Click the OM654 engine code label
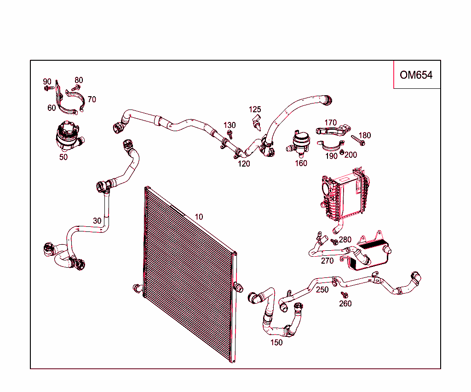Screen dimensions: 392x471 tap(416, 75)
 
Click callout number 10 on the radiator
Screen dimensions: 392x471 tap(199, 217)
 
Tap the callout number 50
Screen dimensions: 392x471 tap(63, 157)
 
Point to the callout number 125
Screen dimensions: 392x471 tap(255, 110)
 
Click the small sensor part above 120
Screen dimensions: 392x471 tap(257, 124)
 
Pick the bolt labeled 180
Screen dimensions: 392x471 tap(357, 140)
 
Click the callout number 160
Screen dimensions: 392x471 tap(301, 163)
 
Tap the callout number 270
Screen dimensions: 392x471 tap(327, 261)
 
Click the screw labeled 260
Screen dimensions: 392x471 tap(344, 294)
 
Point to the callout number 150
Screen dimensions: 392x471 tap(276, 342)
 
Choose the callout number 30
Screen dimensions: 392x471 tap(97, 221)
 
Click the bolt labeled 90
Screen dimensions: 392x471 tap(48, 87)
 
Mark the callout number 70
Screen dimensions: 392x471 tap(92, 99)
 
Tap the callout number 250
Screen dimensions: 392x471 tap(322, 290)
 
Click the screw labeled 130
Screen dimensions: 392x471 tap(230, 134)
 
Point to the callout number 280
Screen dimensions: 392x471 tap(345, 240)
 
